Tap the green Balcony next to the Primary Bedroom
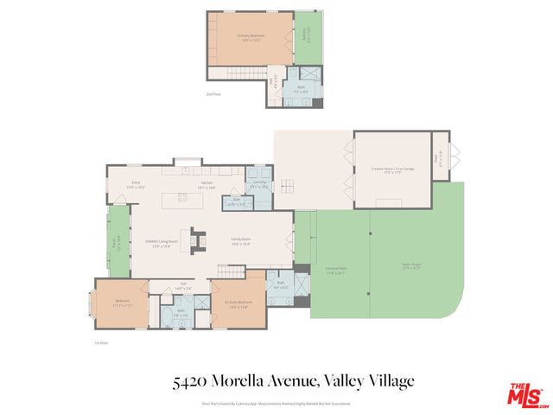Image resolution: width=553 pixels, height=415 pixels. coord(306,38)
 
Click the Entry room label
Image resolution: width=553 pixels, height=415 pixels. coord(136,184)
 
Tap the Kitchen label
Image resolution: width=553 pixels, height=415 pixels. coord(207,184)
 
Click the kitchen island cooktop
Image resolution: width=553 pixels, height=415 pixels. coord(183,198)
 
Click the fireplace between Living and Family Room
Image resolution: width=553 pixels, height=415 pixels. coord(196,236)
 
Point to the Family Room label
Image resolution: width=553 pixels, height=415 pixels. coord(239,241)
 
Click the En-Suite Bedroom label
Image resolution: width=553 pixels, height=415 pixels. coord(237,303)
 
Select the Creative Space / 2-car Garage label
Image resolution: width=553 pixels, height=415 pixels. coord(392,169)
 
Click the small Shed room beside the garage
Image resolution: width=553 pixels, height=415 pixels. coord(441,156)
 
